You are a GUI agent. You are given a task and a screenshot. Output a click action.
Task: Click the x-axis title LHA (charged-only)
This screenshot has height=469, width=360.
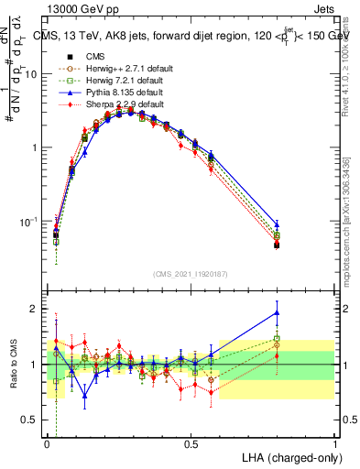[286, 456]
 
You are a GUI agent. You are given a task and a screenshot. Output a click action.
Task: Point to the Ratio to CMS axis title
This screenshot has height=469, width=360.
[13, 365]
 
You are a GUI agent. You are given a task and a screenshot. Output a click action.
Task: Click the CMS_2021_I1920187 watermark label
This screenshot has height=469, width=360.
[191, 273]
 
